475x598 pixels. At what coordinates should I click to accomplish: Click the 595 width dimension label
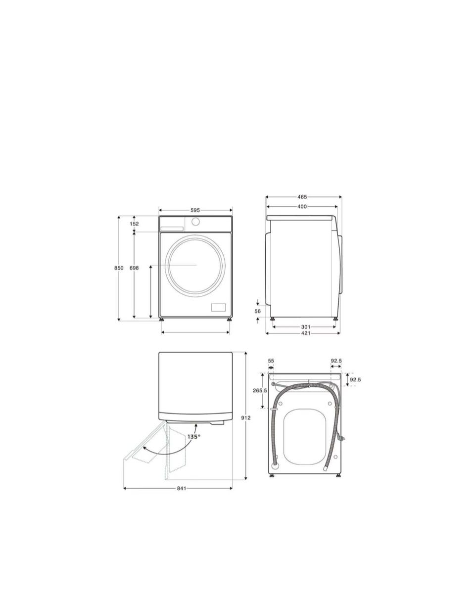(195, 210)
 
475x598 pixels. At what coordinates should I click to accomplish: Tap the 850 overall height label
(119, 268)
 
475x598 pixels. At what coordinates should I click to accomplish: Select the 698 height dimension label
(134, 268)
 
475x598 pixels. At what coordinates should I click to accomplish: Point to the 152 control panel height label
(134, 224)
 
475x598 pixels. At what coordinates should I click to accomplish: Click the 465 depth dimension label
(302, 197)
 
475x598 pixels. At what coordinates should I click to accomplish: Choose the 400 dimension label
(302, 206)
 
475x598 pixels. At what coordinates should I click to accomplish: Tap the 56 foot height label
(258, 311)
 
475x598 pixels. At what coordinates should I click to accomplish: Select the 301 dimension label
(305, 327)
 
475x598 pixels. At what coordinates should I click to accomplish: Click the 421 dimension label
(305, 333)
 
